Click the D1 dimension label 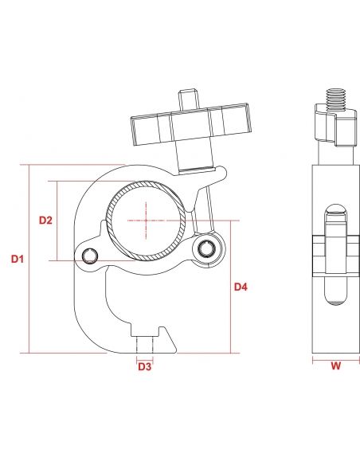[x=18, y=259]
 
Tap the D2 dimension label [x=45, y=220]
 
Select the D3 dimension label [x=145, y=367]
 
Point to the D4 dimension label [x=241, y=287]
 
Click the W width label [x=335, y=366]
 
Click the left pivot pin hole [x=90, y=256]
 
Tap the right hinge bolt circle [x=207, y=248]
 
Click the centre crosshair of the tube [x=147, y=221]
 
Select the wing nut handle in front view [x=190, y=124]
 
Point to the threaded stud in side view [x=336, y=100]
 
